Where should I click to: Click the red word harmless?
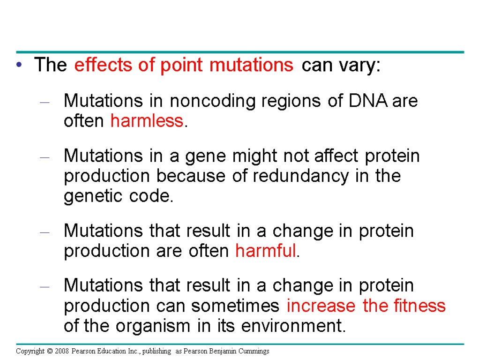coord(146,121)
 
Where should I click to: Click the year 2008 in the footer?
coord(61,351)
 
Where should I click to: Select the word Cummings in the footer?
coord(255,351)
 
